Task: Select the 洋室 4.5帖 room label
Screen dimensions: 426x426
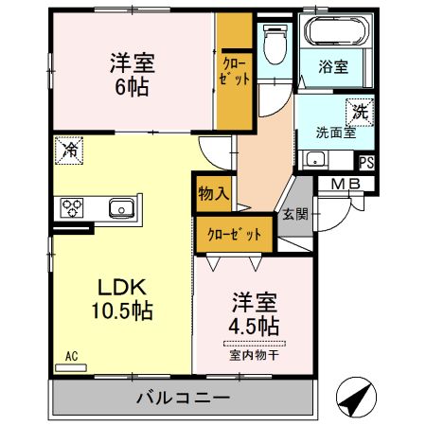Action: pos(254,315)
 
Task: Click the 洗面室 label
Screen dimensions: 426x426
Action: pos(334,133)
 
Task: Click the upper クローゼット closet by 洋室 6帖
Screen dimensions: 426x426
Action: pos(236,73)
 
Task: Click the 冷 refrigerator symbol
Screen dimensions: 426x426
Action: pos(68,148)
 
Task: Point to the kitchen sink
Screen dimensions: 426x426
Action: pos(121,207)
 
